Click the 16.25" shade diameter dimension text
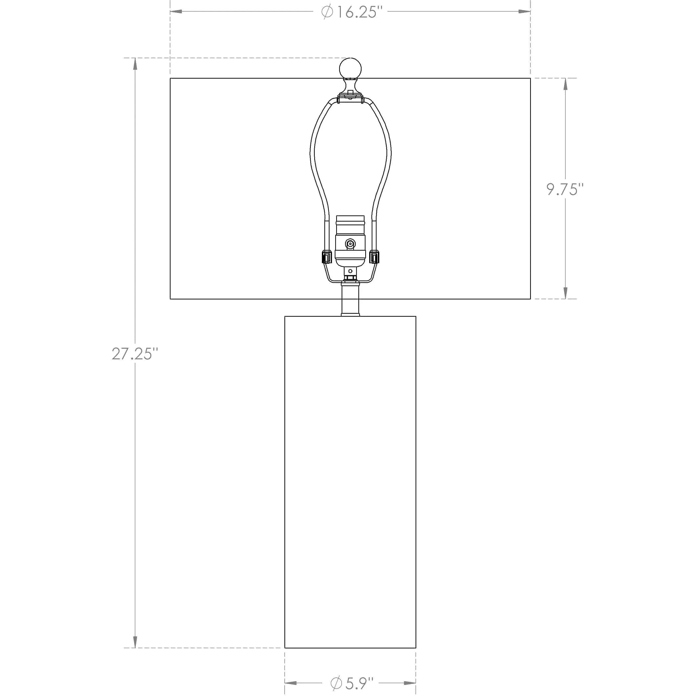pos(349,12)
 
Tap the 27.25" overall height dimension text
pos(135,354)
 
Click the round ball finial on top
pos(350,68)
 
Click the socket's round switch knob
pos(350,244)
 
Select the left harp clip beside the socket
pos(326,257)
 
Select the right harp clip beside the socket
pos(374,257)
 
